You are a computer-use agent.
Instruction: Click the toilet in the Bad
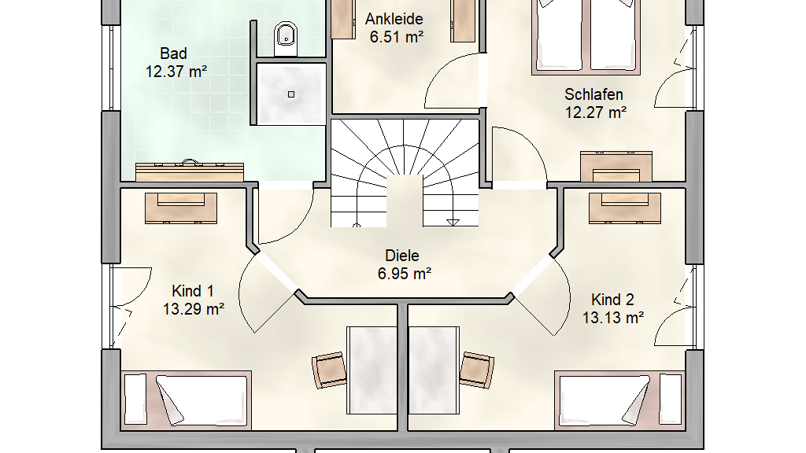pos(286,39)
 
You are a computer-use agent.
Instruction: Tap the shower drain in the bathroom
pos(291,94)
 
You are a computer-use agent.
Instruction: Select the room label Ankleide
pos(394,19)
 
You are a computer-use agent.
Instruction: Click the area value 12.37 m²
pos(176,72)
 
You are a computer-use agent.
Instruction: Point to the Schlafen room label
pos(593,94)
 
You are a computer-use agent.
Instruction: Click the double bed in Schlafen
pos(586,36)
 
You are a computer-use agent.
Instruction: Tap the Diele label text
pos(402,256)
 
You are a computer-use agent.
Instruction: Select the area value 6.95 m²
pos(405,274)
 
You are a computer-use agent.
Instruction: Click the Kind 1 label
pos(192,291)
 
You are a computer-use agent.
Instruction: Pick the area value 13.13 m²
pos(612,318)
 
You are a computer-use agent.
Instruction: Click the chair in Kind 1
pos(329,370)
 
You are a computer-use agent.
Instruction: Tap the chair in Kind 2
pos(476,370)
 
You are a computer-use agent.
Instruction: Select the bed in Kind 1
pos(186,400)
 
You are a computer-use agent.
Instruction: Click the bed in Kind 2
pos(619,400)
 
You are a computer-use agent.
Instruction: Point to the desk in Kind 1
pos(372,370)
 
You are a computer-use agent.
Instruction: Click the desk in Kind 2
pos(434,370)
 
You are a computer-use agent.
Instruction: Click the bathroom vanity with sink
pos(190,171)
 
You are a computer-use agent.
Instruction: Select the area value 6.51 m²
pos(397,37)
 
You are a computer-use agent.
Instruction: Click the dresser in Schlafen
pos(616,167)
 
